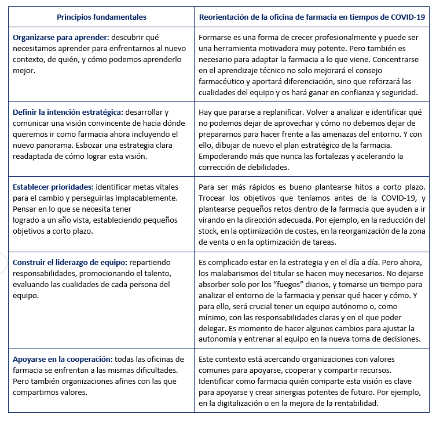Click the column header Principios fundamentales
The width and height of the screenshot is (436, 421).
(x=101, y=17)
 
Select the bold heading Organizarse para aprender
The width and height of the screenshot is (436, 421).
(x=62, y=37)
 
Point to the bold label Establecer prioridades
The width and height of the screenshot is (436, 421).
(x=52, y=187)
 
